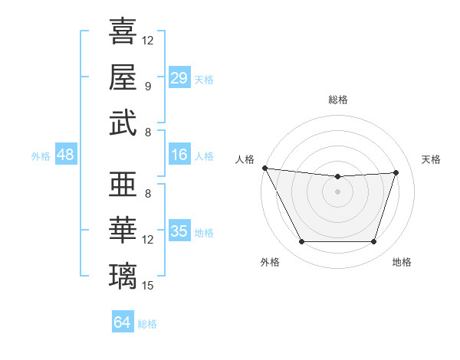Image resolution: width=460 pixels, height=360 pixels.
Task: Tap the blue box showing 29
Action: [179, 78]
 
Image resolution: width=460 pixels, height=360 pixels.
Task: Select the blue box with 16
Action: [179, 155]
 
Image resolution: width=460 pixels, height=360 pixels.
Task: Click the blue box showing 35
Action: [179, 231]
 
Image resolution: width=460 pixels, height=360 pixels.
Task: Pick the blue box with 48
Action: [65, 155]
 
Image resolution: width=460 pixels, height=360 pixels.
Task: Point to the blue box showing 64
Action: [123, 322]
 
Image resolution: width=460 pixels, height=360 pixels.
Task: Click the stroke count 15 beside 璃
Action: [148, 286]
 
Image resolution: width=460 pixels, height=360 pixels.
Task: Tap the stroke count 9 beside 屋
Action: [148, 87]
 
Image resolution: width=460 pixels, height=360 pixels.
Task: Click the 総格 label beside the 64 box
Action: [147, 324]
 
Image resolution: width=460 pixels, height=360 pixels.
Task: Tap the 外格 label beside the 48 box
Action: [41, 156]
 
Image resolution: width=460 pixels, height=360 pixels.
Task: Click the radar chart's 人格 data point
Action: [264, 168]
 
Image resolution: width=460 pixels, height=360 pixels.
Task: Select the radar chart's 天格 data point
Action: [396, 172]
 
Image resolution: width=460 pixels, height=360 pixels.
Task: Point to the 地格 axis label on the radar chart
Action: [402, 263]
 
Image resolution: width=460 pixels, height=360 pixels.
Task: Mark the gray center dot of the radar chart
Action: [337, 191]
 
